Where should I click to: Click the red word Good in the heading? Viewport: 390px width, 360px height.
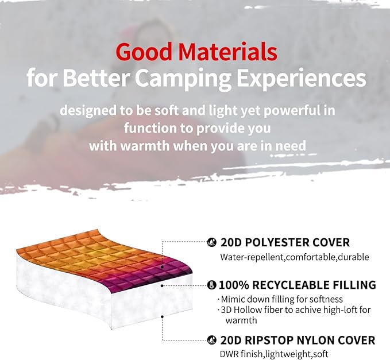point(143,52)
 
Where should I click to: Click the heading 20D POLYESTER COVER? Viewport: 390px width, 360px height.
point(285,243)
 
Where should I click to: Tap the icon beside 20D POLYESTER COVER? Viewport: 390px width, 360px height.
point(211,243)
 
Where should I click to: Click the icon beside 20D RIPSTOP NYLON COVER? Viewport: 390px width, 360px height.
point(211,339)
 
